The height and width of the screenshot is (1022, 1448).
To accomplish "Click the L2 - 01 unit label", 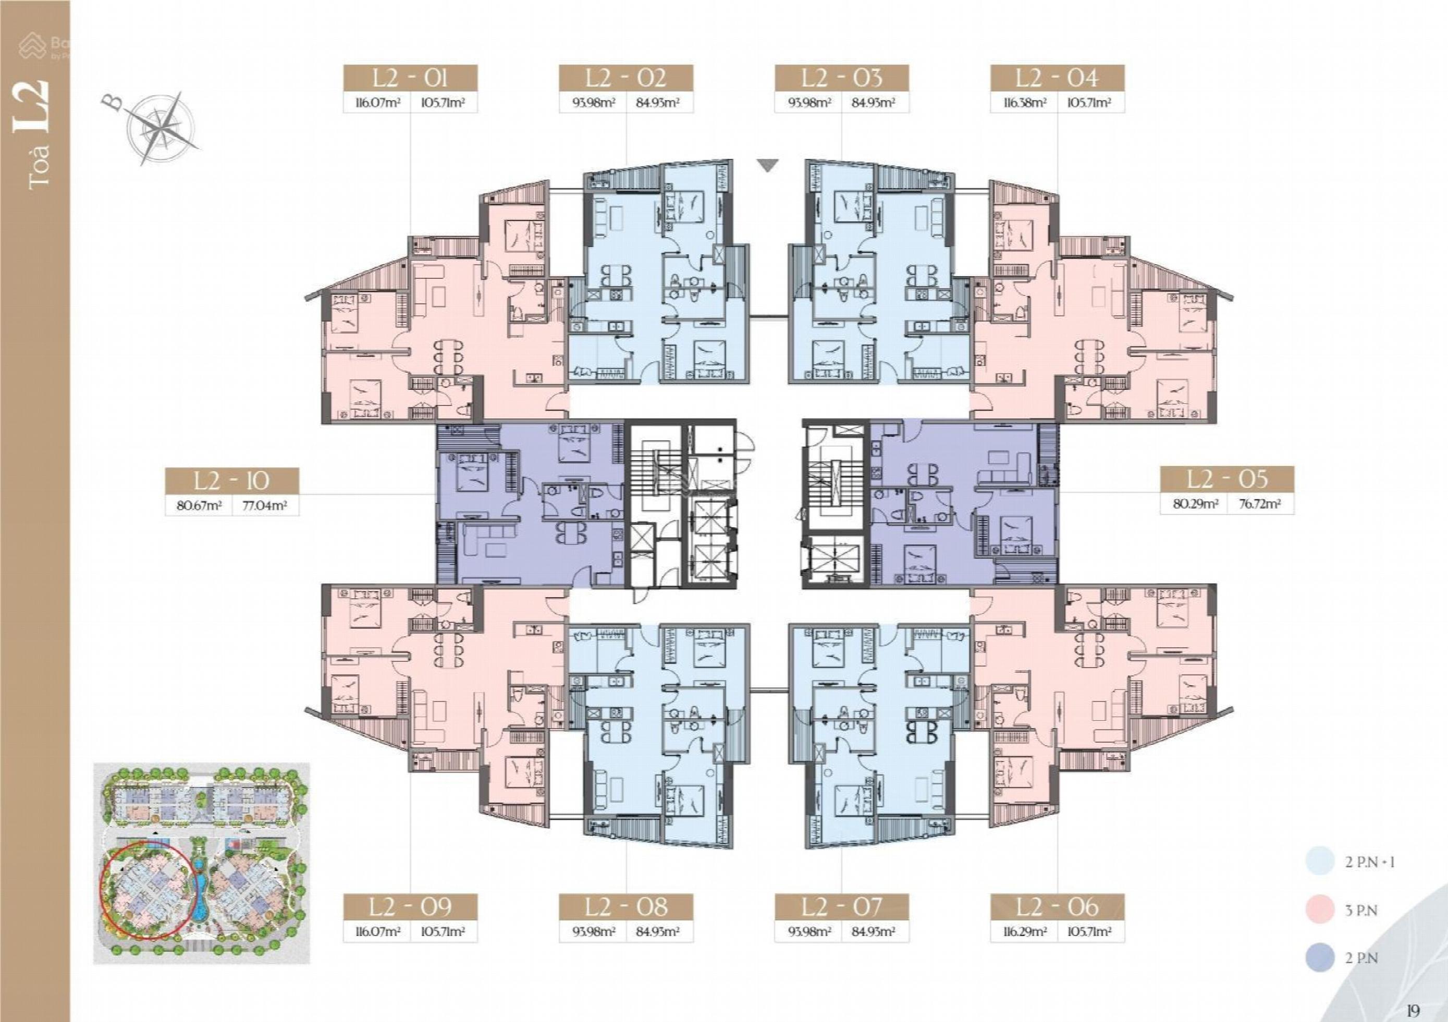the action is (410, 79).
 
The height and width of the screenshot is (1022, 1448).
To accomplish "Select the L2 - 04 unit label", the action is (1057, 79).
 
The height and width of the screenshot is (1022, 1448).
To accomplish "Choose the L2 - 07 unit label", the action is (841, 907).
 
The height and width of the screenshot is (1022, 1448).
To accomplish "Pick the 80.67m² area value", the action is (199, 506).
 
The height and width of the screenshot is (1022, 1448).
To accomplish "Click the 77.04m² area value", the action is (265, 506).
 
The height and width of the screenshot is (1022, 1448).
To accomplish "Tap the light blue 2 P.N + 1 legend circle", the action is (1320, 862).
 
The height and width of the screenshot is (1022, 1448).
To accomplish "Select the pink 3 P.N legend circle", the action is (1320, 910).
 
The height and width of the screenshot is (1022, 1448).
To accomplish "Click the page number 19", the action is (1413, 1011).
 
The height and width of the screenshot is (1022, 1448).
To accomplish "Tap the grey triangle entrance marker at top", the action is (767, 166).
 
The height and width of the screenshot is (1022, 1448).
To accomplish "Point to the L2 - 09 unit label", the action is (410, 907).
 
